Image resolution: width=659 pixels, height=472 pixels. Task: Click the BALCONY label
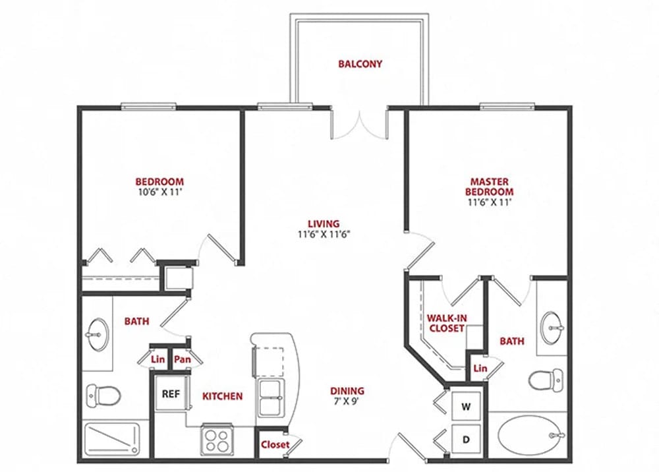pyautogui.click(x=360, y=64)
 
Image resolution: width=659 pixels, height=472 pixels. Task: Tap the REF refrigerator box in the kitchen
pyautogui.click(x=170, y=395)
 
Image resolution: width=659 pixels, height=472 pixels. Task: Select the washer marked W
pyautogui.click(x=466, y=407)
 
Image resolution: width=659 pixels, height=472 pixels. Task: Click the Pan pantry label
pyautogui.click(x=182, y=360)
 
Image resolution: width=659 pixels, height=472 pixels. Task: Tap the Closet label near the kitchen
pyautogui.click(x=275, y=444)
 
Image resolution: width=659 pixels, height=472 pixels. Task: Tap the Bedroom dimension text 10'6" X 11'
pyautogui.click(x=159, y=192)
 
